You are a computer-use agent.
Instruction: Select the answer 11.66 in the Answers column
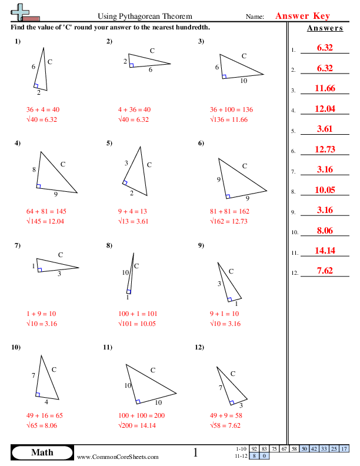pos(325,88)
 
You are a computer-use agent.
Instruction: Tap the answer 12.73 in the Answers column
pos(325,149)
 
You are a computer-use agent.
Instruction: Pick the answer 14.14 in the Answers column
pos(325,251)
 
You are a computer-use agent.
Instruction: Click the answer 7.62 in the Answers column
pos(325,271)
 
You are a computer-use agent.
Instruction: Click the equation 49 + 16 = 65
pos(44,415)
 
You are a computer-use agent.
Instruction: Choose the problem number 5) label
pos(109,143)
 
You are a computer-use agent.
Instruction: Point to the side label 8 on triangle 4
pos(34,169)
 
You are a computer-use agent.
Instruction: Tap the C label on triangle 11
pos(152,370)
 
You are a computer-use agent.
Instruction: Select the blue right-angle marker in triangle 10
pos(38,395)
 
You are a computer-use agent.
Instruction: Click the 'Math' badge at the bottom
pos(42,452)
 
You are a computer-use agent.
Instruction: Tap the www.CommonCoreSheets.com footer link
pos(118,457)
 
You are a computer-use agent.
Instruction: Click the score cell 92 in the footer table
pos(254,449)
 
